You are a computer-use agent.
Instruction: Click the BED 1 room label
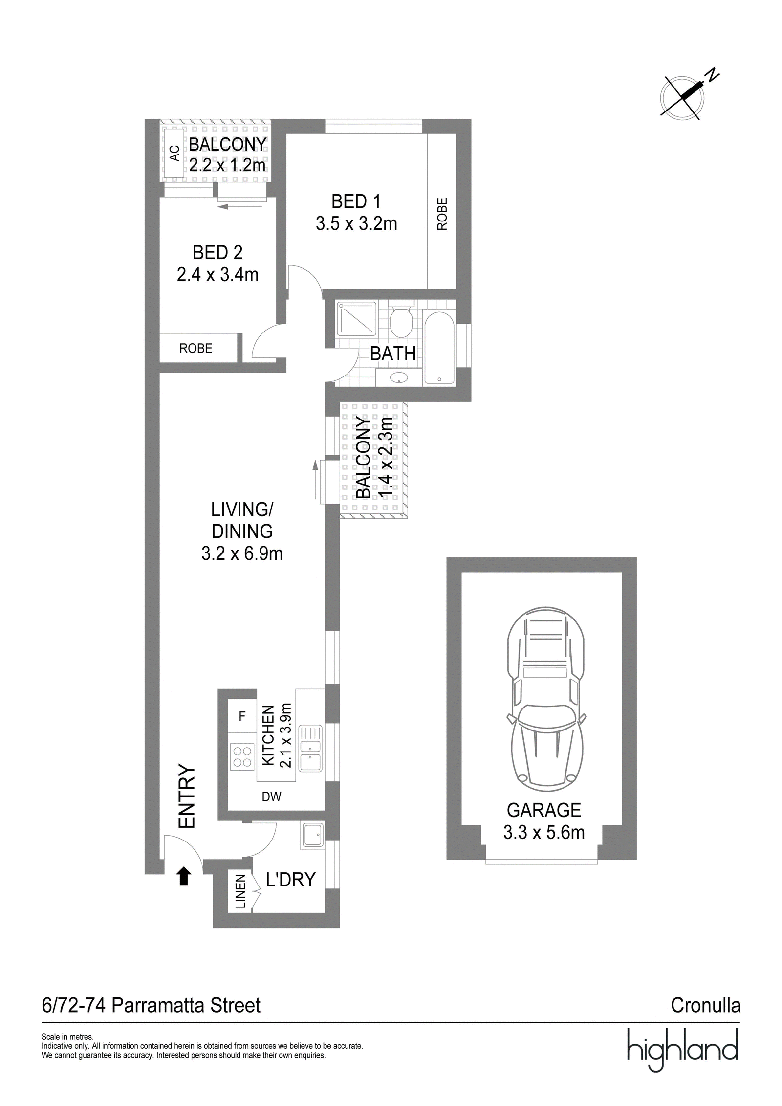(x=356, y=201)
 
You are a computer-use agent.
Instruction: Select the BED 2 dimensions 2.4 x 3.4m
(x=217, y=275)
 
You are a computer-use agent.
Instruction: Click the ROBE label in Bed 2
(x=196, y=348)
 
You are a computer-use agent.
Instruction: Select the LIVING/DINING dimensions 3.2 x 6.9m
(x=242, y=553)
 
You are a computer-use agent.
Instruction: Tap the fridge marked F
(x=242, y=716)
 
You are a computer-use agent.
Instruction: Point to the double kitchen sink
(x=310, y=748)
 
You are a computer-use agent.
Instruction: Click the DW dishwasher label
(x=271, y=796)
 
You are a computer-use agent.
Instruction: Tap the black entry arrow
(x=184, y=876)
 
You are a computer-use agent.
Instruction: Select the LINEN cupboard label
(x=240, y=891)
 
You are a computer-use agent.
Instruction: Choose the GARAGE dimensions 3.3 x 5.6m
(x=544, y=832)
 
